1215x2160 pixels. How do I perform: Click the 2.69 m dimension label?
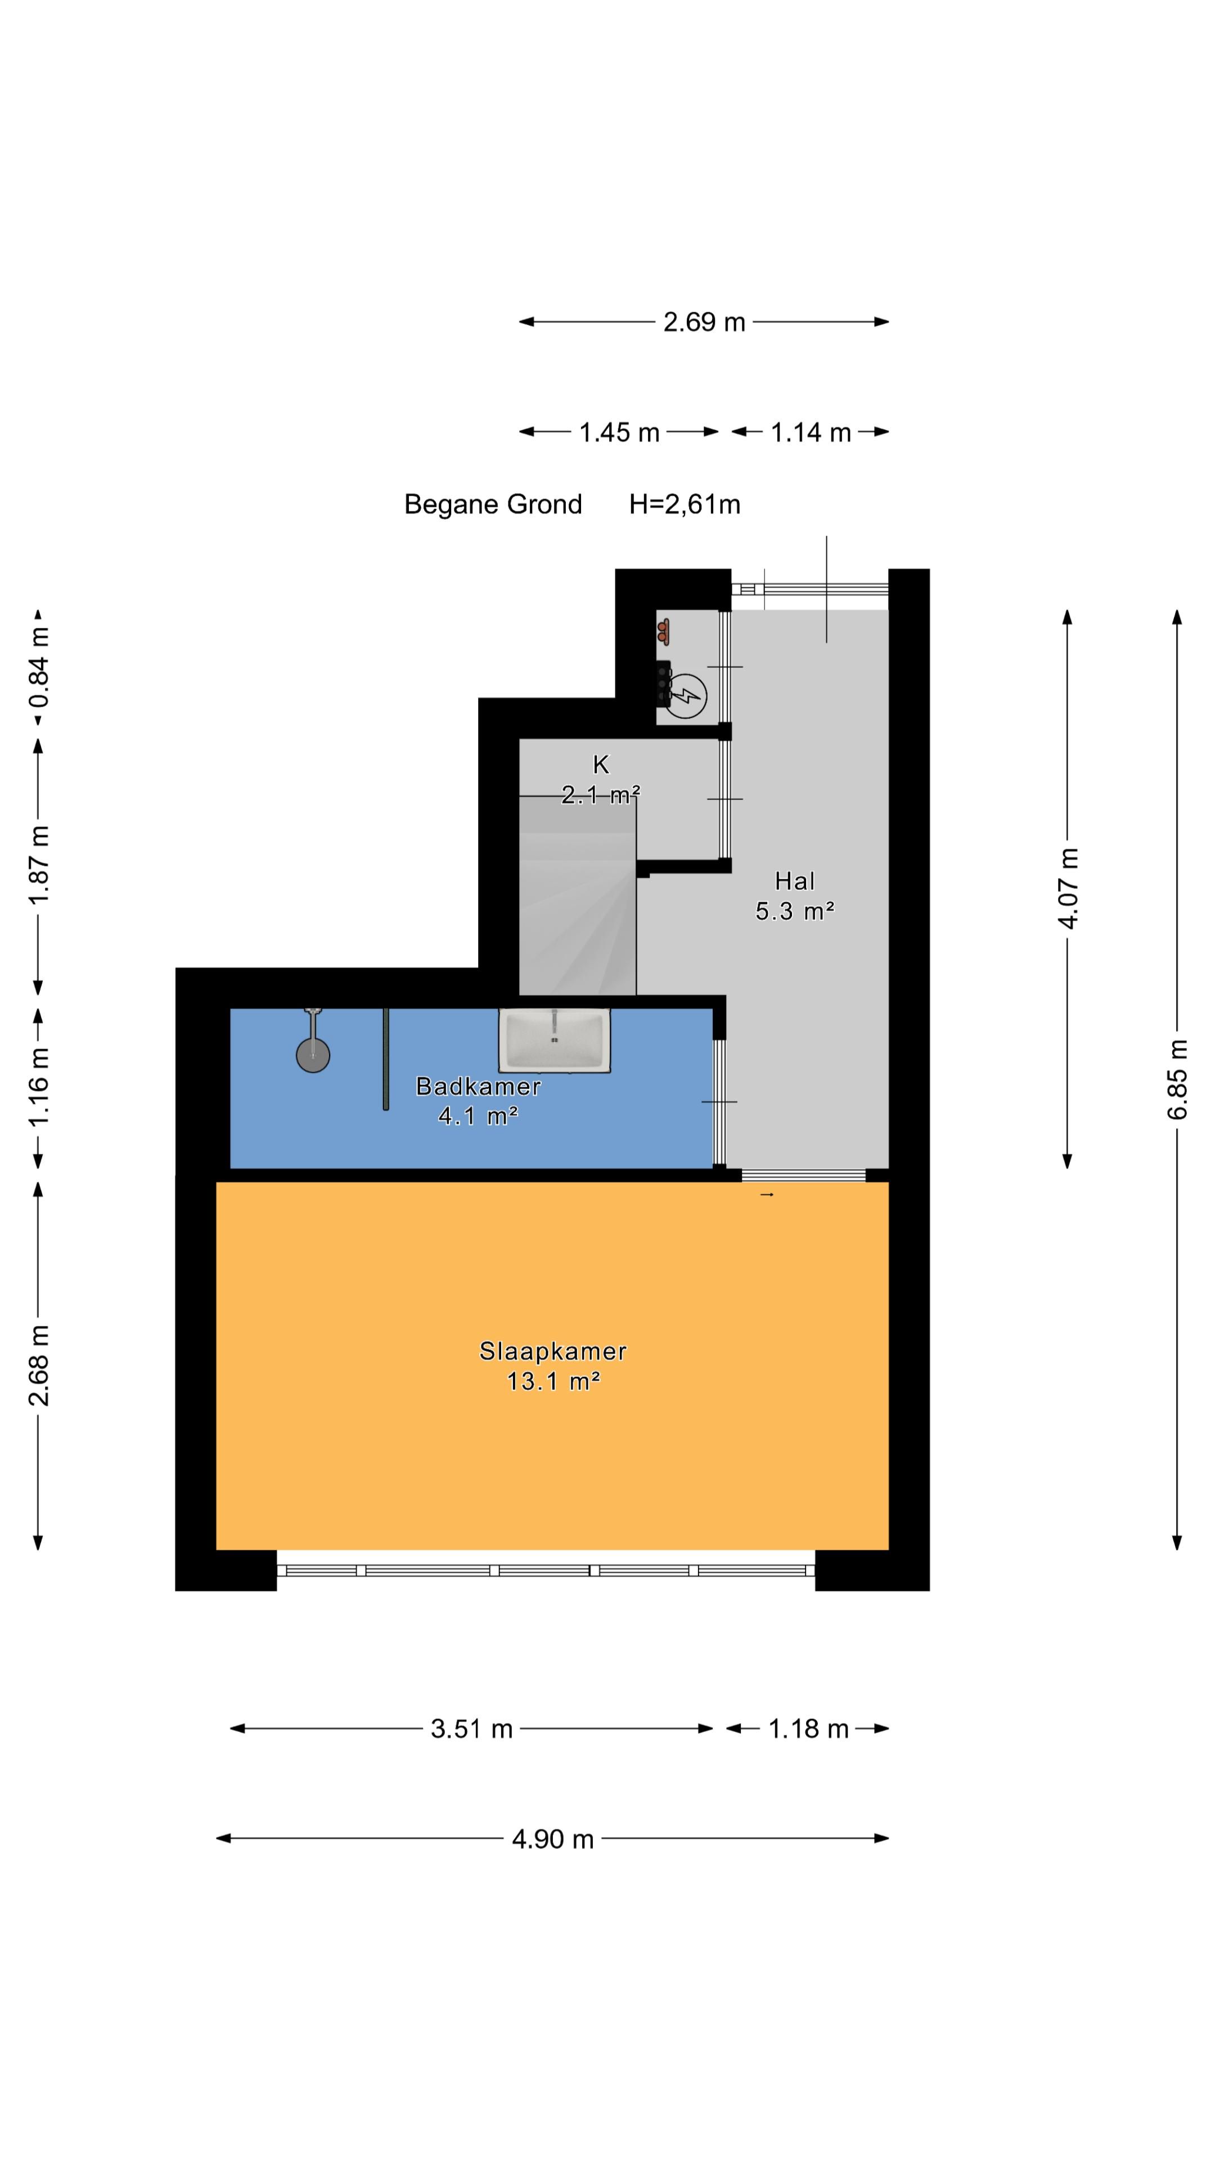click(704, 322)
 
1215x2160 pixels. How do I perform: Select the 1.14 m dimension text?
click(810, 433)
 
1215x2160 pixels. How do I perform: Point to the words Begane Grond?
click(493, 505)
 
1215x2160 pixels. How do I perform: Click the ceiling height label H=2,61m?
click(685, 505)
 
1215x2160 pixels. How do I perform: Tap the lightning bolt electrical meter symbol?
click(685, 695)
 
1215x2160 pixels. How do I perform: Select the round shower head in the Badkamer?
click(313, 1056)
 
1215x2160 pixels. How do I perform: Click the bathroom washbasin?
click(554, 1039)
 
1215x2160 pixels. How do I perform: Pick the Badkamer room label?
click(478, 1087)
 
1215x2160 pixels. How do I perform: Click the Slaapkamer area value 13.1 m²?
click(553, 1381)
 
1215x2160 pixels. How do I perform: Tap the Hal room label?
click(795, 881)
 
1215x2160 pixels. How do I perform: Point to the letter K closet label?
click(600, 765)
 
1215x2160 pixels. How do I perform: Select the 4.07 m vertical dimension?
click(1068, 888)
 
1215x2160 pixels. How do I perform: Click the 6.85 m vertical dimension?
click(1177, 1079)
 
